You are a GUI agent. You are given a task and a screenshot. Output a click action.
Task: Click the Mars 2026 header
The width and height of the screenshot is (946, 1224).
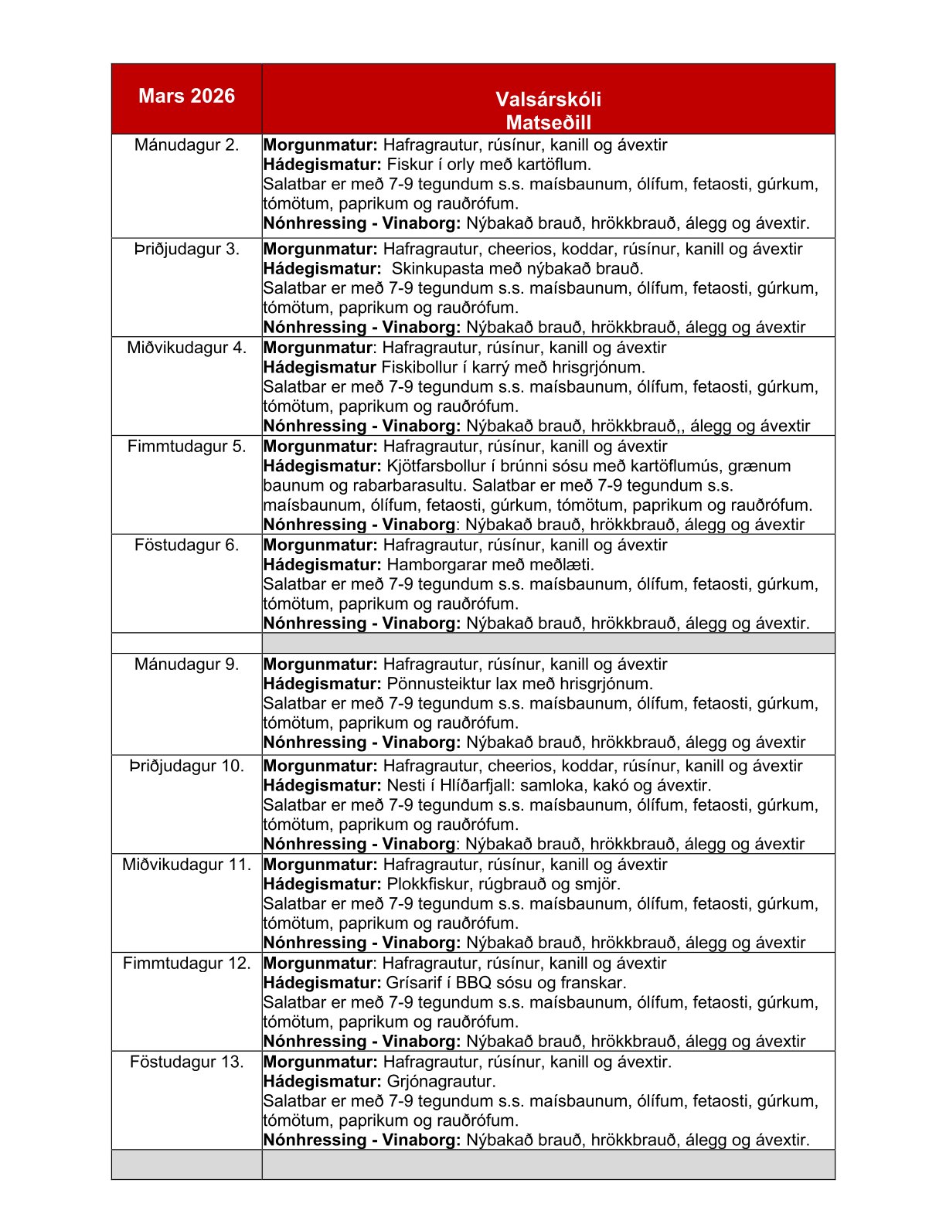pos(186,96)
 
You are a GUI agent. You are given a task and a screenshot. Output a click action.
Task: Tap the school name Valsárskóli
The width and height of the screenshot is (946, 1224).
pos(548,99)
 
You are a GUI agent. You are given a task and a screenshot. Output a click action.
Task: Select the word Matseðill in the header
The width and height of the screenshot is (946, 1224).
pos(548,122)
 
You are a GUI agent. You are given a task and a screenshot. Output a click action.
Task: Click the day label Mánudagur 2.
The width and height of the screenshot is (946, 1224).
pos(186,144)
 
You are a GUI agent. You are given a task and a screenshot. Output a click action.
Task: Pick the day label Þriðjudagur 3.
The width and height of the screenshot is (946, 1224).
pos(186,249)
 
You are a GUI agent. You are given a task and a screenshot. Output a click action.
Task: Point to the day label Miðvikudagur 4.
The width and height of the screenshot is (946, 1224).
pos(186,348)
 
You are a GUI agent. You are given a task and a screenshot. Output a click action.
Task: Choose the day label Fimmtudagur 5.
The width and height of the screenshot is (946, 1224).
pos(186,447)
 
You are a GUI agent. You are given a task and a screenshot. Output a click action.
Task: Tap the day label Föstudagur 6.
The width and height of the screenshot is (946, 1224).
pos(186,545)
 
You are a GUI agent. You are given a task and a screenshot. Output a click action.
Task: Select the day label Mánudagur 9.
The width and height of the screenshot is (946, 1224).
pos(186,665)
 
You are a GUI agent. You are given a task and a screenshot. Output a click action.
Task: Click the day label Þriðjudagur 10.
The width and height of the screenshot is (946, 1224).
pos(186,766)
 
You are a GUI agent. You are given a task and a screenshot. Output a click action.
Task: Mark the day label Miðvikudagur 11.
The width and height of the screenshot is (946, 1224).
pos(186,865)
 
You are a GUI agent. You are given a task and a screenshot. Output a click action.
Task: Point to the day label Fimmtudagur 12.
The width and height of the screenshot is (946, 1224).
pos(186,964)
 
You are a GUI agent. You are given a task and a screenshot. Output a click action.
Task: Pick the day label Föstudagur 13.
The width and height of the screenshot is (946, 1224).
pos(186,1062)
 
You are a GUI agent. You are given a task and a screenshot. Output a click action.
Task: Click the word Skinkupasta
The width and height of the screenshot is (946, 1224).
pos(437,269)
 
